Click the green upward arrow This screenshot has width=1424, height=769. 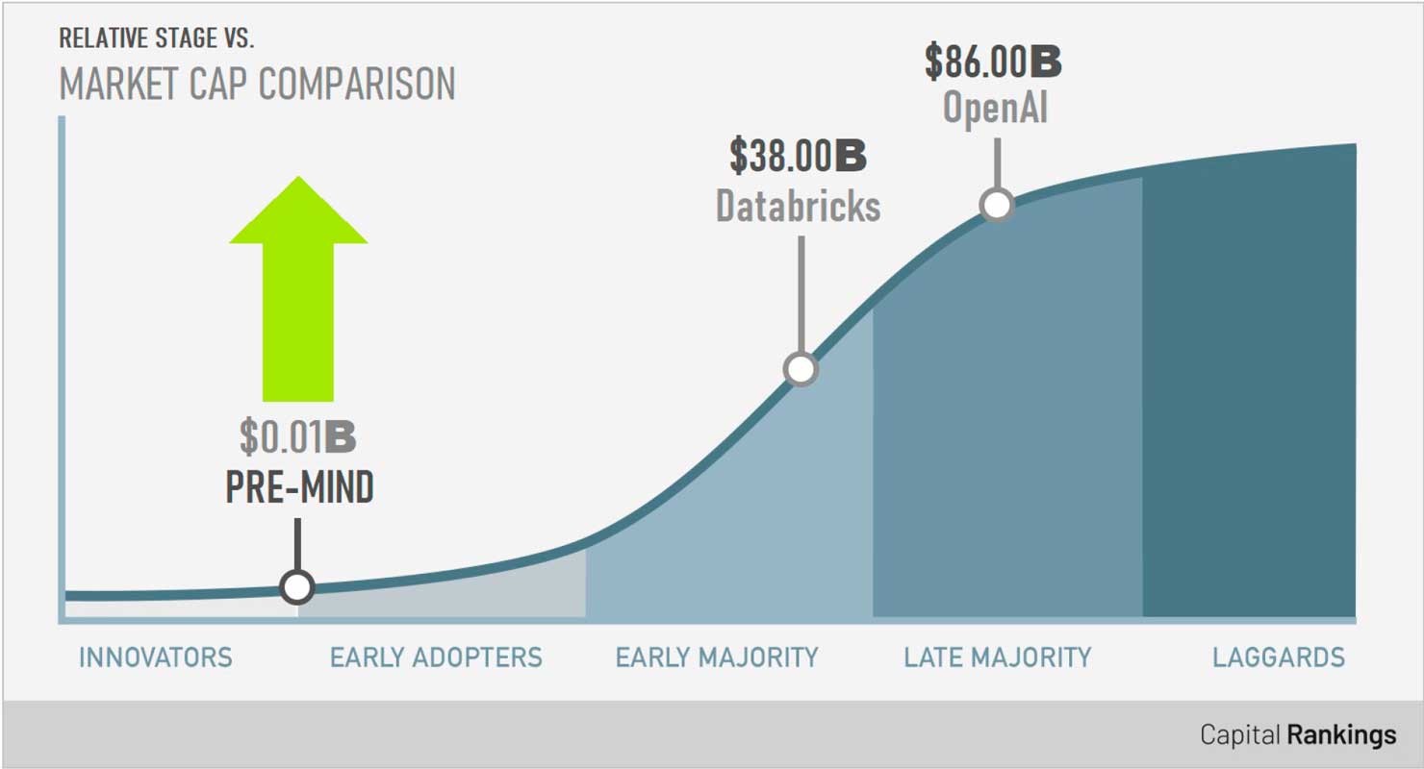point(298,289)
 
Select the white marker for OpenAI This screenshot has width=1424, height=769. point(997,205)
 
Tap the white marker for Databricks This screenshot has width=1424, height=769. point(801,369)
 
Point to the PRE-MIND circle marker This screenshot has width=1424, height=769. point(297,586)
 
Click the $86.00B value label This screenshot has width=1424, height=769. point(993,62)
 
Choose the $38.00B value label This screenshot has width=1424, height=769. point(798,156)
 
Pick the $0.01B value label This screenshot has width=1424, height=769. point(297,437)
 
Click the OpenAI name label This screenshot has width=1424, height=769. point(996,108)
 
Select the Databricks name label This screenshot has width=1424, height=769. point(799,207)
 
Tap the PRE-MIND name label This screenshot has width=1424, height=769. point(299,487)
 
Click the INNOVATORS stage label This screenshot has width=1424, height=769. point(156,657)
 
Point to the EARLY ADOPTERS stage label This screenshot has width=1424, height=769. point(436,657)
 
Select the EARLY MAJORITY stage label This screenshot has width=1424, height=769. point(717,657)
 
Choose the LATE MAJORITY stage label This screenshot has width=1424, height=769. point(998,657)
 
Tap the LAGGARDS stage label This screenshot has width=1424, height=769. point(1279,657)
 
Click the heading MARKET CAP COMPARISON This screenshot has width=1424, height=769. point(258,84)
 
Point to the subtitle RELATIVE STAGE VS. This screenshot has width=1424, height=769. point(157,38)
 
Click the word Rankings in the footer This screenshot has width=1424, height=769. point(1341,735)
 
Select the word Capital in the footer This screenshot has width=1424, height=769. point(1239,734)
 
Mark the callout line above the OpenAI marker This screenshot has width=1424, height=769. point(998,163)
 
